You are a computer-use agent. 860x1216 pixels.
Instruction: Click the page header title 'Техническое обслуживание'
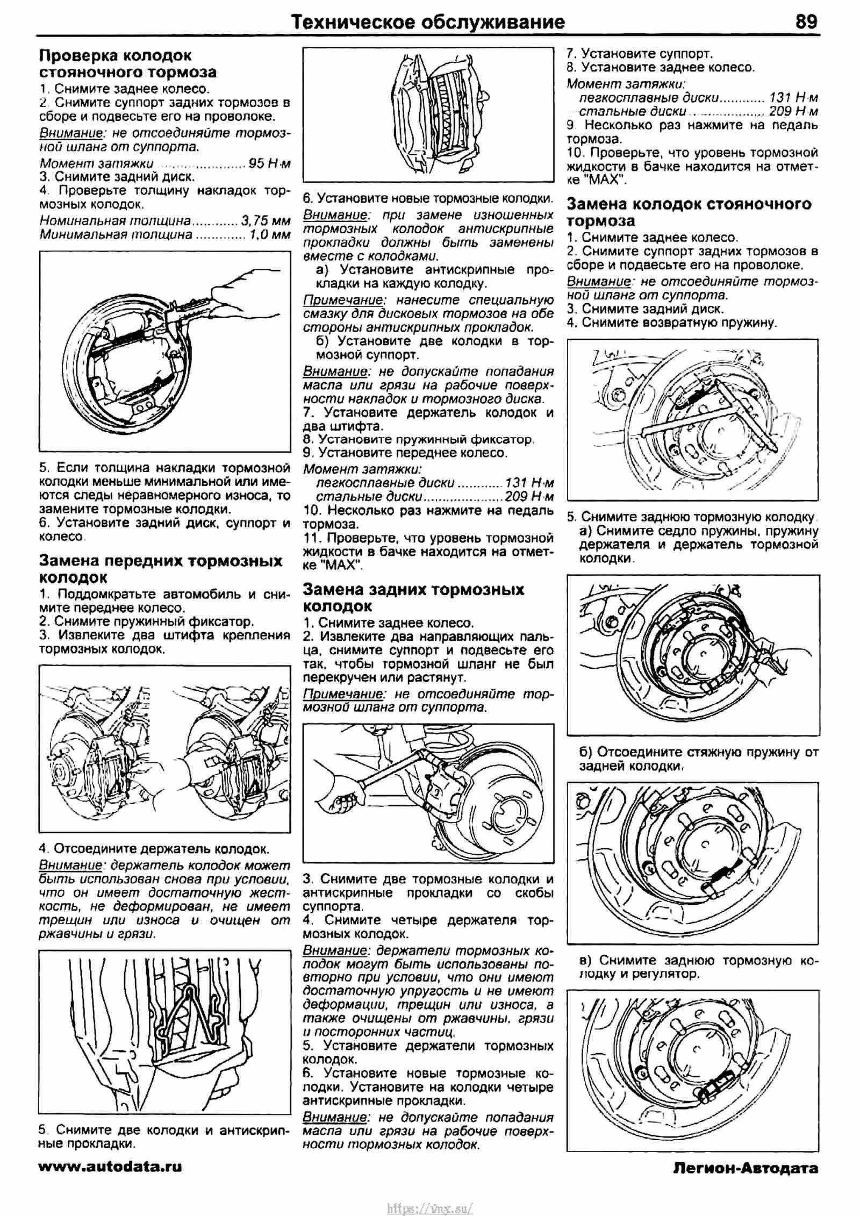(428, 22)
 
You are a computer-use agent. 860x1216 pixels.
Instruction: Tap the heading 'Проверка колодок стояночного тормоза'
(128, 63)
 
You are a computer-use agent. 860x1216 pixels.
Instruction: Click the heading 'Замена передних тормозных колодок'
(160, 569)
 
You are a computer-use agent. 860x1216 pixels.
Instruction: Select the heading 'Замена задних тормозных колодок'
(413, 597)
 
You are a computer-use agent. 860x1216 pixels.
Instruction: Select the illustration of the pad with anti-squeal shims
(429, 113)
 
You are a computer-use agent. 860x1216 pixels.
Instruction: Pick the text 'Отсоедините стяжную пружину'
(699, 752)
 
